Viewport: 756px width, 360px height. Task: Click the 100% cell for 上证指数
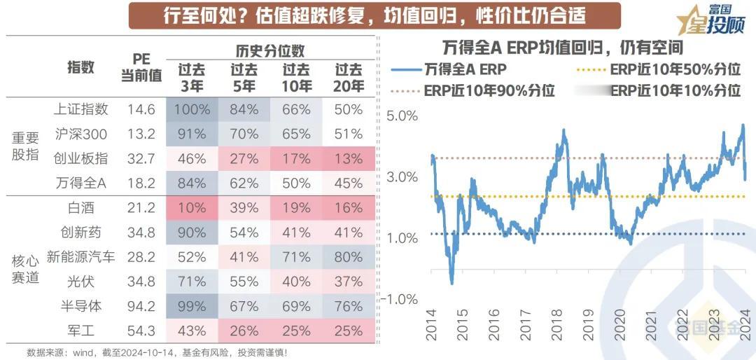click(x=192, y=110)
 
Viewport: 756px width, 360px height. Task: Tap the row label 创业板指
click(x=80, y=158)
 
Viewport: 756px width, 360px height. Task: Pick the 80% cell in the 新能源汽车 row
click(x=349, y=257)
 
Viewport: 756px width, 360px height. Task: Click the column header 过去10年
click(x=297, y=78)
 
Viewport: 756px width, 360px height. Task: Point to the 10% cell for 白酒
click(x=192, y=208)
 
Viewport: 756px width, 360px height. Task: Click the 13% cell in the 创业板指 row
click(x=349, y=158)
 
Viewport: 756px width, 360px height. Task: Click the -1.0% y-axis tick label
click(x=400, y=300)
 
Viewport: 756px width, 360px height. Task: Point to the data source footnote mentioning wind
click(x=157, y=352)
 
